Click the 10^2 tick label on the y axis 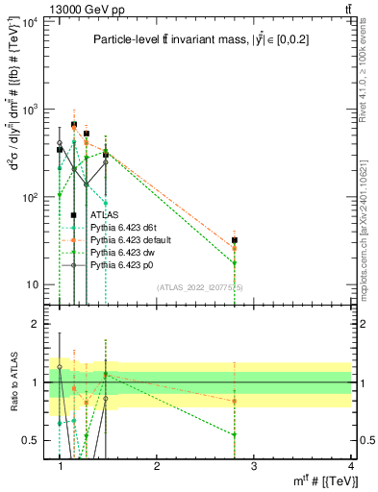click(29, 197)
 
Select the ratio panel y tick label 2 click(36, 324)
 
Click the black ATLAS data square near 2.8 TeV click(235, 240)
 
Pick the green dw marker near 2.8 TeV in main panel click(235, 262)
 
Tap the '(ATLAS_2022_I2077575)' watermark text click(207, 287)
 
